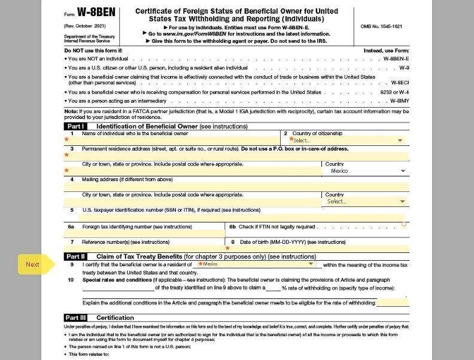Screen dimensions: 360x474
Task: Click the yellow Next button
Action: [32, 264]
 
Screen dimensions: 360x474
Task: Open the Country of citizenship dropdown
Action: [347, 140]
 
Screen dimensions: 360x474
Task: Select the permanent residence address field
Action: [236, 155]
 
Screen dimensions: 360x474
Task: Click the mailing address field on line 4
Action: [236, 187]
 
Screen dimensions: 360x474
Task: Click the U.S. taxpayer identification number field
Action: [233, 218]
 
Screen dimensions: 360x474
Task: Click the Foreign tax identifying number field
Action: [144, 233]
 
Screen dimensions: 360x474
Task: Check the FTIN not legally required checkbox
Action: [404, 225]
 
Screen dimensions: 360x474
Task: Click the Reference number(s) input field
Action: [144, 248]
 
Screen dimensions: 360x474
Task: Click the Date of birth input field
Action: [317, 248]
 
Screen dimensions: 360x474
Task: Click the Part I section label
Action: [75, 126]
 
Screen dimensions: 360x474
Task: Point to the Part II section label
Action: [76, 257]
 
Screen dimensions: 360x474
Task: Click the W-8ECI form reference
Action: [399, 83]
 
